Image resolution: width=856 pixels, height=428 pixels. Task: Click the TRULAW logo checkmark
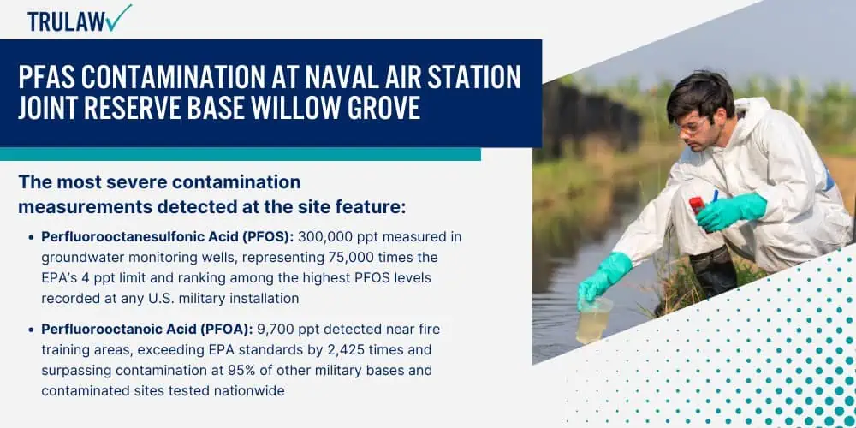click(118, 17)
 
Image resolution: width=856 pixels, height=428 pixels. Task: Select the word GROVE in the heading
click(389, 108)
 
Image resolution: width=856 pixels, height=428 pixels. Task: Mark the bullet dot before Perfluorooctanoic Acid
click(31, 330)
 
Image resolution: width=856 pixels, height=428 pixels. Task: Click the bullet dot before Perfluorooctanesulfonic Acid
click(31, 237)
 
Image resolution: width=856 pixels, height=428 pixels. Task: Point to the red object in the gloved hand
click(697, 207)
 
